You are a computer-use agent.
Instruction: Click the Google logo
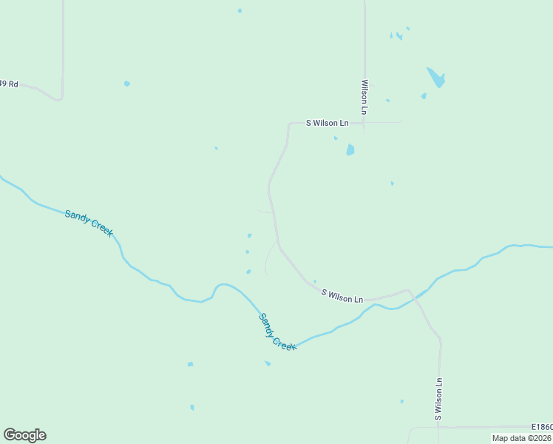24,435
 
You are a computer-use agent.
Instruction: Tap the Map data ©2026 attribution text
521,438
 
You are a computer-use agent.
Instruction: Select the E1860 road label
541,427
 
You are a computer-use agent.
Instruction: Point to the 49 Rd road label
9,84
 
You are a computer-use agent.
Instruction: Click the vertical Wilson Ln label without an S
364,97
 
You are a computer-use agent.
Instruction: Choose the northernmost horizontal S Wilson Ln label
328,123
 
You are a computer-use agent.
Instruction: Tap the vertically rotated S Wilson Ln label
438,399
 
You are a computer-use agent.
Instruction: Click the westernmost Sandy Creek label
89,223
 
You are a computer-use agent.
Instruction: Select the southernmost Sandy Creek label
277,331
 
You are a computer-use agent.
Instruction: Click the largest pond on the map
436,77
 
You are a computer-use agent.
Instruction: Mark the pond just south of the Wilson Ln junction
350,149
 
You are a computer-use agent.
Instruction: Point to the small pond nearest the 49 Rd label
127,84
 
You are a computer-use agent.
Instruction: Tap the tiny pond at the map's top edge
240,10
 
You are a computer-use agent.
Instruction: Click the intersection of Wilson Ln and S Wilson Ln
364,122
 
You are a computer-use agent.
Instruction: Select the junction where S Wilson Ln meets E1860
439,427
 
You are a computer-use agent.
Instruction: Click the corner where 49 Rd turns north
61,97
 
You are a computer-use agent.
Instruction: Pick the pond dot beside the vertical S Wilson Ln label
402,402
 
